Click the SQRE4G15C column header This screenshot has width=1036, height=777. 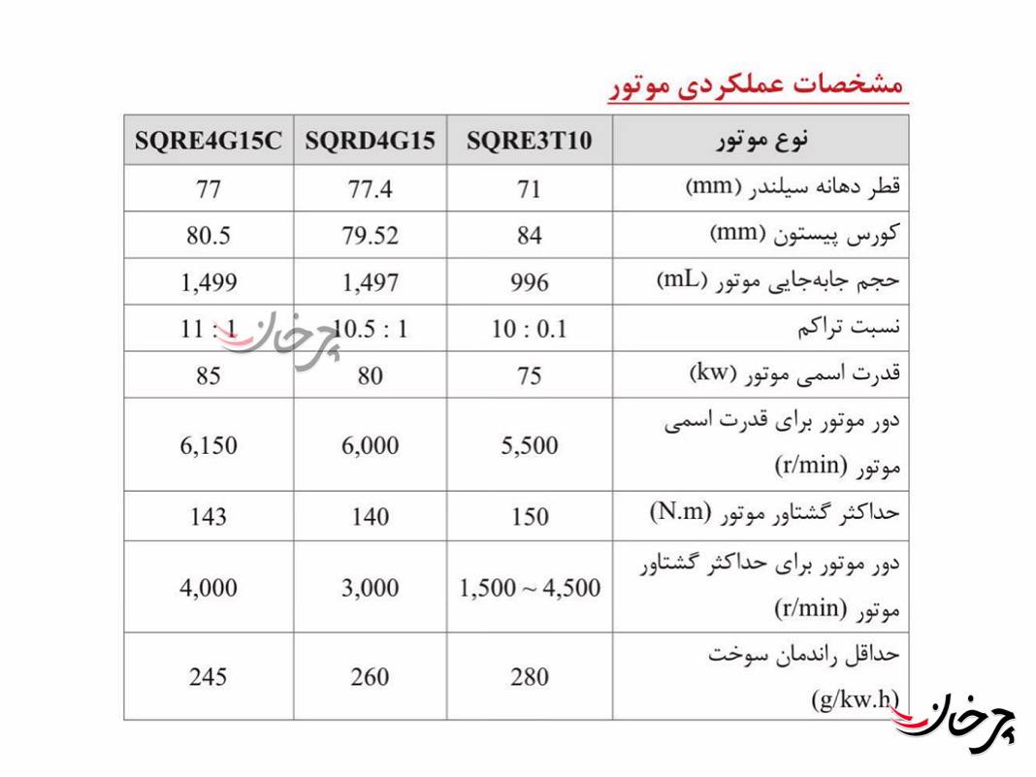pos(209,141)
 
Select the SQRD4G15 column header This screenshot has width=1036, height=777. pos(370,141)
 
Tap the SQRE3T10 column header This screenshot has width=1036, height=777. pos(529,141)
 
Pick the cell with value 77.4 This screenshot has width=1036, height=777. pos(370,188)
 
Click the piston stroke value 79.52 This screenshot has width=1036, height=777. pos(370,235)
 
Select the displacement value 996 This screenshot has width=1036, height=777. pos(529,282)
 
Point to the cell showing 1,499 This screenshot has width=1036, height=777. pos(209,282)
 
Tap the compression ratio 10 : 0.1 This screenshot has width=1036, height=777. pos(529,329)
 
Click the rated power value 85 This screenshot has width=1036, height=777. pos(209,374)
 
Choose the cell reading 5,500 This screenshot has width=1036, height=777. pos(529,445)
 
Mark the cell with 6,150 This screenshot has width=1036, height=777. pos(209,445)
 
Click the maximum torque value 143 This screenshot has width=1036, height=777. pos(209,516)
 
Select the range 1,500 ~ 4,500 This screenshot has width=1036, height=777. pos(529,587)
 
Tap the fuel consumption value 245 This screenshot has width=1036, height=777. pos(209,676)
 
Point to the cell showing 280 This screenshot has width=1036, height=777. pos(529,676)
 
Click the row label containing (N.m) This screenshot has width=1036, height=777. pos(775,514)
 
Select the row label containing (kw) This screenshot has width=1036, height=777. pos(794,373)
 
